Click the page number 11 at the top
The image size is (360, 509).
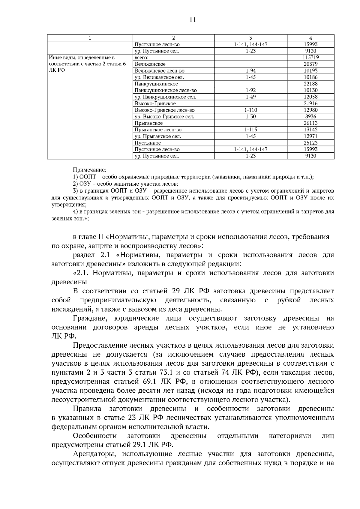click(x=192, y=20)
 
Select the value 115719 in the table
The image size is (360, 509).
click(x=310, y=57)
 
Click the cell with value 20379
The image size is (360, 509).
click(x=310, y=64)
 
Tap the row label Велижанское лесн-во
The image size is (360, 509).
click(x=159, y=70)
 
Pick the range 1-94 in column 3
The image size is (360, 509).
click(x=250, y=70)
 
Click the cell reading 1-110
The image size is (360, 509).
click(x=250, y=110)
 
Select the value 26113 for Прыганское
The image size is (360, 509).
click(x=310, y=123)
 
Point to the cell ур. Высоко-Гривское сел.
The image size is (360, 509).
click(x=164, y=117)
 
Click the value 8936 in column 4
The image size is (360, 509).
click(x=310, y=117)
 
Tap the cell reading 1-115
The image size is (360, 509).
click(x=250, y=130)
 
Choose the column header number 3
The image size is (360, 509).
click(x=250, y=38)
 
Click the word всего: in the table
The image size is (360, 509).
click(x=142, y=57)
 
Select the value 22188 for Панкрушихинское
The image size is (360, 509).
click(x=310, y=84)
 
